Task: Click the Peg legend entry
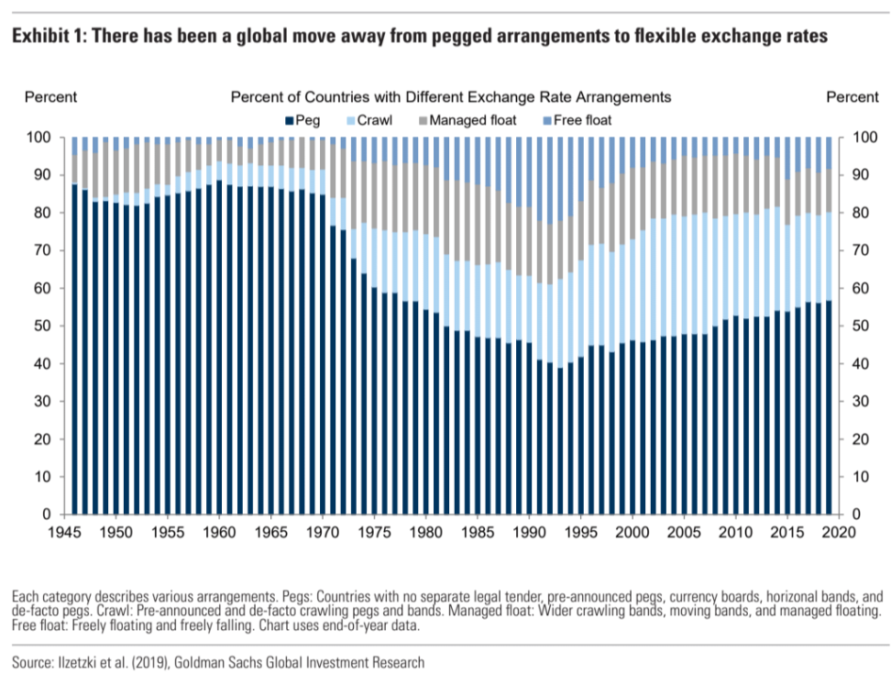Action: click(x=306, y=119)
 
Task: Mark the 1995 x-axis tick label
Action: click(x=579, y=532)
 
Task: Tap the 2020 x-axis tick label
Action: click(x=838, y=532)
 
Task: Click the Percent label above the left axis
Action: click(x=50, y=96)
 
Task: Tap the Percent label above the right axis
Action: click(x=852, y=96)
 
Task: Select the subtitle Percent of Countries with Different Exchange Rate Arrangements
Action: click(x=450, y=96)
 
